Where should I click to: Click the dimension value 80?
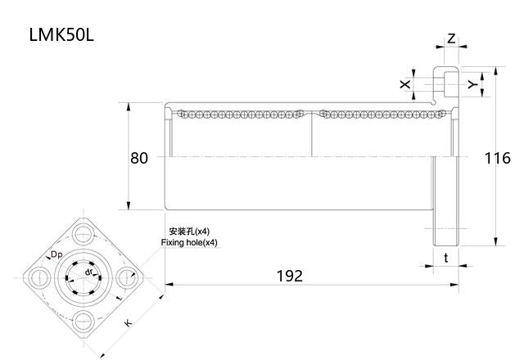point(139,157)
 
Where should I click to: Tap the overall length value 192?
point(288,276)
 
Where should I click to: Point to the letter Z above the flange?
point(451,38)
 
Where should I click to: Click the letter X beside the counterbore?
point(404,83)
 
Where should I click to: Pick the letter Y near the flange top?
point(471,83)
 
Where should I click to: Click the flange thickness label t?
point(445,257)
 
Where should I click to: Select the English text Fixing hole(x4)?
point(189,243)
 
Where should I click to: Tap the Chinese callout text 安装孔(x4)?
point(189,232)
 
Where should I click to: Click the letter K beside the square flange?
point(127,323)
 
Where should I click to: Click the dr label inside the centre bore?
point(89,271)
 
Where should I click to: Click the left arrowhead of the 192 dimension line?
point(169,285)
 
